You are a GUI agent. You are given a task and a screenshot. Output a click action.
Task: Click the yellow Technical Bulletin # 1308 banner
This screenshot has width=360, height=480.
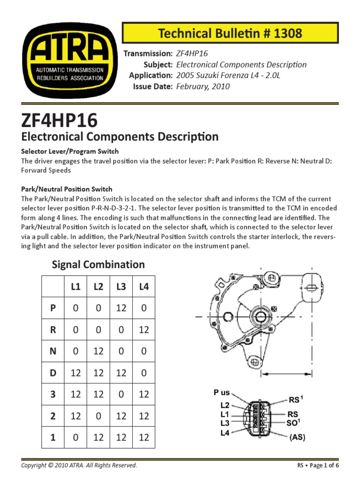pos(230,33)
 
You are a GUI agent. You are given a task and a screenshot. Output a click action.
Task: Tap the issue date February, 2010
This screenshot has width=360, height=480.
pos(203,87)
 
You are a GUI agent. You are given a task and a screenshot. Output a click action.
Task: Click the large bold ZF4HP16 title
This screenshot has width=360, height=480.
pos(60,120)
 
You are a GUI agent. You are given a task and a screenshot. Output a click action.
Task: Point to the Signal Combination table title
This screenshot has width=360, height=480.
pos(98,264)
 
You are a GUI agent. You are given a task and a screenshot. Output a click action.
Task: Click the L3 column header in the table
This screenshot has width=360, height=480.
pos(121,286)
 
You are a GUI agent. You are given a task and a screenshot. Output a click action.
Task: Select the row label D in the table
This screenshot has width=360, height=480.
pos(53,373)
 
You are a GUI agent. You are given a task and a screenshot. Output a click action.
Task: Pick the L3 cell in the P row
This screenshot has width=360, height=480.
pos(121,308)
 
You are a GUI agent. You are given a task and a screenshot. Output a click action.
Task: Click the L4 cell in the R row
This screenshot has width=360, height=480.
pos(143,330)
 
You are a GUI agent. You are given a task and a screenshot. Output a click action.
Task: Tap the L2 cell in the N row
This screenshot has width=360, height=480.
pos(98,351)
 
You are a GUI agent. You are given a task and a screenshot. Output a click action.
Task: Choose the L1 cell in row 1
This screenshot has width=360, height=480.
pos(76,437)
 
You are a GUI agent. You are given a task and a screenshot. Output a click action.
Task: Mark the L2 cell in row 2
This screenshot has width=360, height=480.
pos(98,415)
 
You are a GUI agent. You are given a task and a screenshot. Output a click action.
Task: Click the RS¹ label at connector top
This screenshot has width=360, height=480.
pos(295,400)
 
